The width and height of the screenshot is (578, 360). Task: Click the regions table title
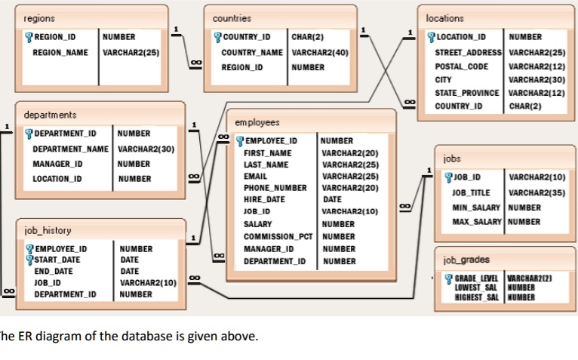pos(38,17)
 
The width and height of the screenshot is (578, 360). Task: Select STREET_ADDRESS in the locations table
pos(468,51)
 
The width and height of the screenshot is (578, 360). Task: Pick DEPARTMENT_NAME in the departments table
pos(72,149)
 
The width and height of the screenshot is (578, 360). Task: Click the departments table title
pos(51,114)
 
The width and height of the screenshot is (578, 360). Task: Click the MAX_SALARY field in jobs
pos(478,221)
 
